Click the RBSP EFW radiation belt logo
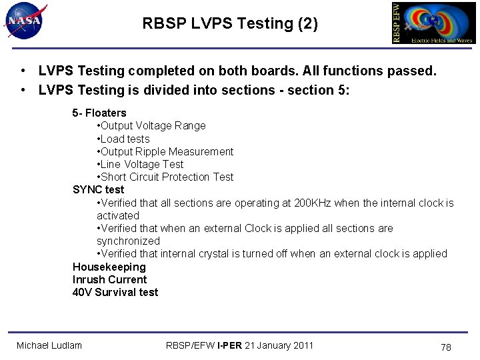click(x=433, y=23)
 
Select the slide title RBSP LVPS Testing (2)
click(x=230, y=24)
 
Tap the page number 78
click(x=446, y=347)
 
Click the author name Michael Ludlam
click(x=49, y=345)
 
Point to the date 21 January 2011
click(x=279, y=345)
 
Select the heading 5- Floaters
click(x=99, y=113)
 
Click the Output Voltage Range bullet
click(x=152, y=126)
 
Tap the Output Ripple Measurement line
click(x=166, y=151)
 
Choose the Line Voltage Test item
click(x=141, y=164)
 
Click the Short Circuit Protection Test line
click(x=166, y=177)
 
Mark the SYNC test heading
click(x=98, y=189)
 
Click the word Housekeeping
click(x=109, y=267)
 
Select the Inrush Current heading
click(x=109, y=279)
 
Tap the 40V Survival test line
click(x=115, y=292)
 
